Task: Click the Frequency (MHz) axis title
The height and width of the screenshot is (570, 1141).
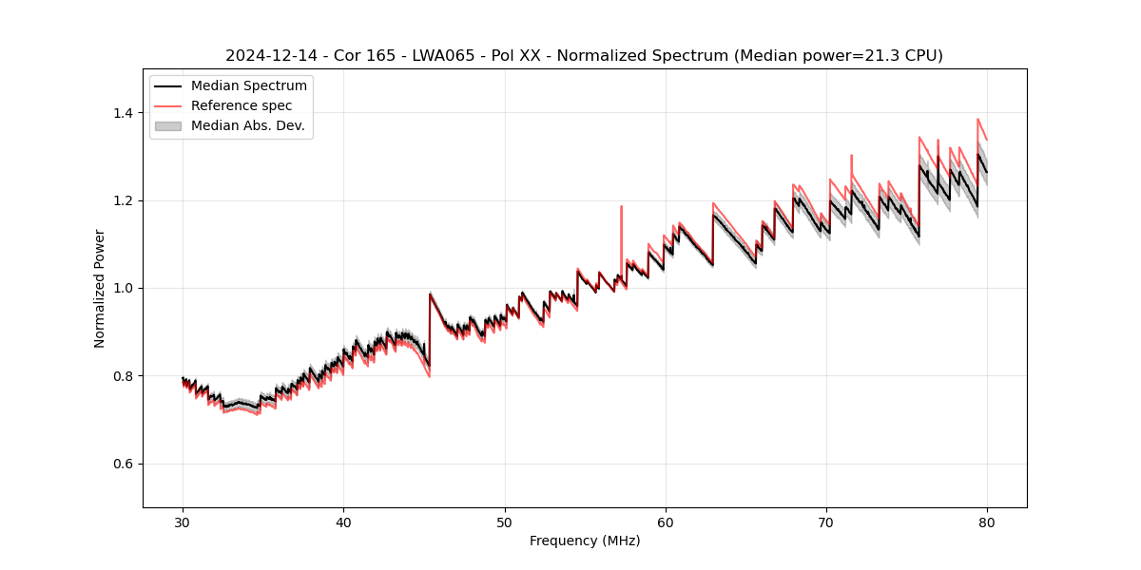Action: tap(585, 541)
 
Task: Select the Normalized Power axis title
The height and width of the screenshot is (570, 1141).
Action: tap(100, 288)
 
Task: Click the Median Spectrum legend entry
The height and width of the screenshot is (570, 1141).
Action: tap(248, 86)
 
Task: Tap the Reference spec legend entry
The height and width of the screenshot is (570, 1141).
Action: tap(242, 105)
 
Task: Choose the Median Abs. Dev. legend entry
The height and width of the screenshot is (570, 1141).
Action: tap(247, 125)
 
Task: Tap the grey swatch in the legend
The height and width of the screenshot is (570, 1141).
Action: tap(167, 125)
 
